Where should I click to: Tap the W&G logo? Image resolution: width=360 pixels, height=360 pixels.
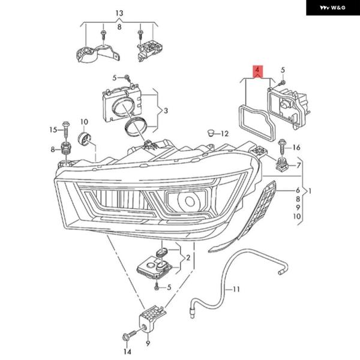332,8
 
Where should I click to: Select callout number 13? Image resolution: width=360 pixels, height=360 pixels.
119,13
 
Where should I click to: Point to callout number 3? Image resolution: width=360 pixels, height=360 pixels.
166,110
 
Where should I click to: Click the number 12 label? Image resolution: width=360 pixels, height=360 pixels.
224,133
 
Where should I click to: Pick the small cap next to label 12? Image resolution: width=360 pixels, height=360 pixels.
209,131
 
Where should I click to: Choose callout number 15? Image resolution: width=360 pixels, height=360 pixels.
53,130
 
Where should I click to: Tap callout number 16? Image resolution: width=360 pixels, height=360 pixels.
296,148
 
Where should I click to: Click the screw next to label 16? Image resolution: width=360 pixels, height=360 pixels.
281,145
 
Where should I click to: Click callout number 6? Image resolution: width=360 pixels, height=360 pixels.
296,190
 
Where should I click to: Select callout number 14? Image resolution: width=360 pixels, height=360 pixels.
127,351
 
